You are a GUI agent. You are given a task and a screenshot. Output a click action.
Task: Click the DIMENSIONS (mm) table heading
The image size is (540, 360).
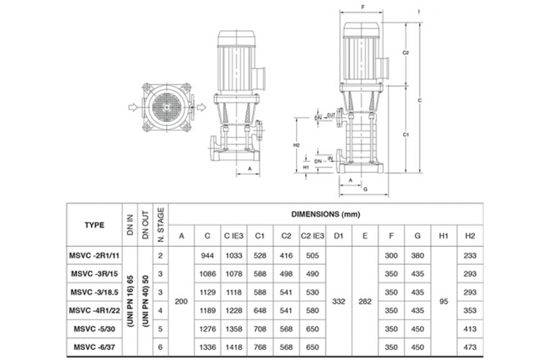pos(325,215)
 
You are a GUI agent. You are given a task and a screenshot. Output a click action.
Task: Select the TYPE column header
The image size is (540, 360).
pos(94,225)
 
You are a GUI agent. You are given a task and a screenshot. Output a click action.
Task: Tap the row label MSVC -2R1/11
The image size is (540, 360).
pos(94,256)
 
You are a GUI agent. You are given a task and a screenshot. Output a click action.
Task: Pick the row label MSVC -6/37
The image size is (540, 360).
pos(94,347)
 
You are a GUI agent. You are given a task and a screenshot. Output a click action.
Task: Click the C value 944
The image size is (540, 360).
pos(207,256)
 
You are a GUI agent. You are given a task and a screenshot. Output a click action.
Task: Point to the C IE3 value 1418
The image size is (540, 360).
pos(234,347)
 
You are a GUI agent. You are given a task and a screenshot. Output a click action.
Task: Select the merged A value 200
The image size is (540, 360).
pos(181,302)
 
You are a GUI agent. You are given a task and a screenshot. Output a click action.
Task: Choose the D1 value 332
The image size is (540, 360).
pos(338,302)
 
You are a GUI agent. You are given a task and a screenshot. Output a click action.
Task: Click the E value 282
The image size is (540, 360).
pos(365,302)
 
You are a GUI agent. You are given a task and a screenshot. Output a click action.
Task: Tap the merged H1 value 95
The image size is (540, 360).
pos(444,302)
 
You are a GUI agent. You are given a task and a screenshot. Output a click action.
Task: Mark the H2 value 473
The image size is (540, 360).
pos(470,347)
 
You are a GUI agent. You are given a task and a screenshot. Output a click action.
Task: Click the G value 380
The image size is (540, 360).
pos(418,256)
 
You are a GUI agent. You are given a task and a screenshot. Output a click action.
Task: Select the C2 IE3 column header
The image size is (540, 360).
pos(312,235)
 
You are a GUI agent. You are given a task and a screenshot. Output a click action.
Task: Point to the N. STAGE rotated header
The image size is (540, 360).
pos(161,225)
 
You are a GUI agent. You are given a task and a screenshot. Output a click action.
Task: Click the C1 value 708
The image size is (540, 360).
pos(260,329)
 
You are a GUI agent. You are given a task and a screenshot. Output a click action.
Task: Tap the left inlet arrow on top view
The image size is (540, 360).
pos(133,107)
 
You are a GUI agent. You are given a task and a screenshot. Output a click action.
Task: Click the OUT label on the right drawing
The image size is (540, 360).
pos(330,115)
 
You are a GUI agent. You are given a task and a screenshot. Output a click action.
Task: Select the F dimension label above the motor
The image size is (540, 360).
pos(363,7)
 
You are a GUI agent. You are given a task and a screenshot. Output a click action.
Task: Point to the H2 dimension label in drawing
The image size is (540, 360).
pos(297,145)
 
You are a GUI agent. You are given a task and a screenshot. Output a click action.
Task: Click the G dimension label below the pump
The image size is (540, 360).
pos(365,189)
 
